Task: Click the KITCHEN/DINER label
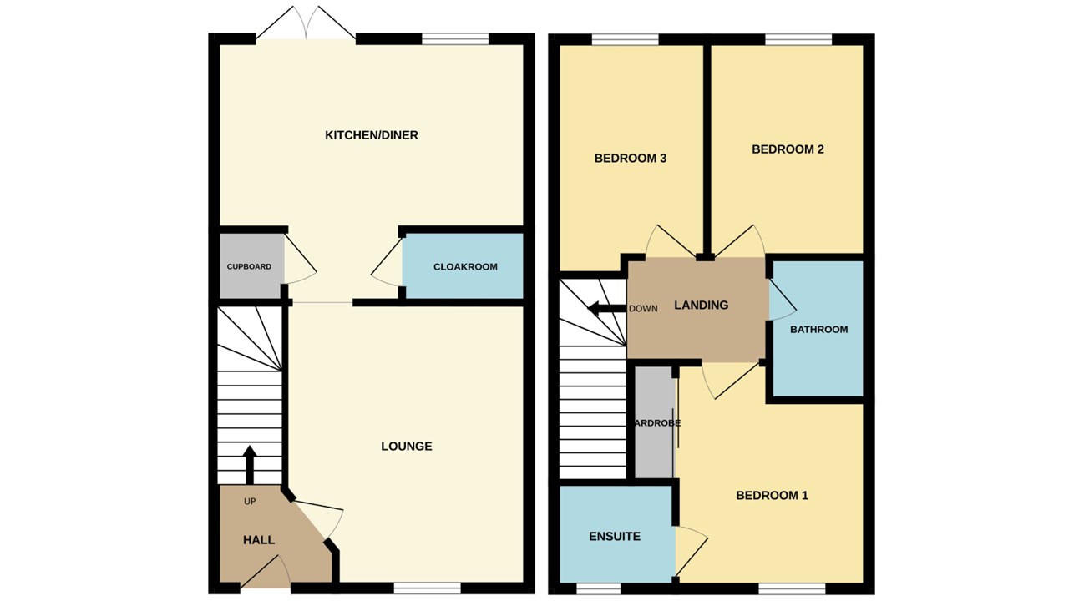pyautogui.click(x=371, y=135)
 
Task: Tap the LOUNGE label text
pyautogui.click(x=407, y=447)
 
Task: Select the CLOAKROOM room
pyautogui.click(x=464, y=267)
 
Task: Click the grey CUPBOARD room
pyautogui.click(x=251, y=267)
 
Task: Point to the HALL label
pyautogui.click(x=259, y=540)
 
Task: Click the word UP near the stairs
pyautogui.click(x=250, y=502)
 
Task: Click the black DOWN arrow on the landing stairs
pyautogui.click(x=606, y=308)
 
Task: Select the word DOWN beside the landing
pyautogui.click(x=643, y=308)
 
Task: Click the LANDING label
pyautogui.click(x=701, y=306)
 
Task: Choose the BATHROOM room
pyautogui.click(x=818, y=329)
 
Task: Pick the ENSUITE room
pyautogui.click(x=615, y=536)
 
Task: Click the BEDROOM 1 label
pyautogui.click(x=772, y=496)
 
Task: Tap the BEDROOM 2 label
pyautogui.click(x=788, y=149)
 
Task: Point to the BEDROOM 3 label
pyautogui.click(x=630, y=158)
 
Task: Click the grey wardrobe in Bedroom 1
pyautogui.click(x=654, y=423)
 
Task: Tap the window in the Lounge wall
pyautogui.click(x=427, y=588)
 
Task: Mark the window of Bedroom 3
pyautogui.click(x=625, y=38)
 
